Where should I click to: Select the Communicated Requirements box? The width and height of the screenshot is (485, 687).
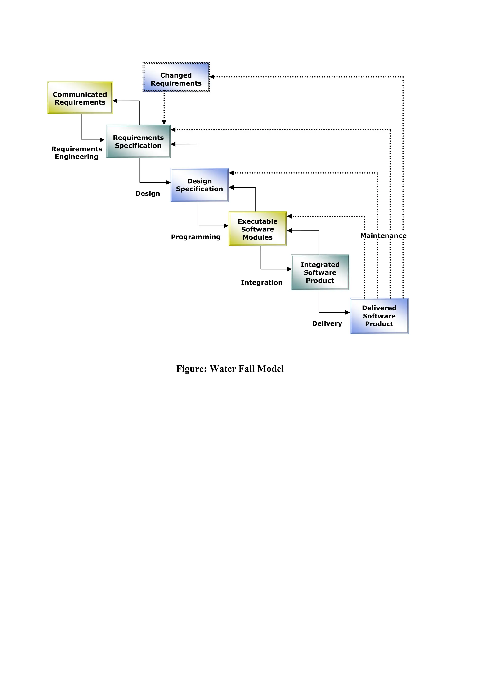[80, 98]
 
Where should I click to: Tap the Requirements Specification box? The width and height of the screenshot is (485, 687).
[138, 142]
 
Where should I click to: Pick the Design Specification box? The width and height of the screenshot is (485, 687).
[199, 185]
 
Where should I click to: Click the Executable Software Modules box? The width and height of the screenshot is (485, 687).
[258, 229]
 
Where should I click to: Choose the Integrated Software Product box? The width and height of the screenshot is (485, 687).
[320, 272]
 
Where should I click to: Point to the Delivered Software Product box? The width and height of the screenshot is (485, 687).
[379, 316]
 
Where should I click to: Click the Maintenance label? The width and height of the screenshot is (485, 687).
[383, 236]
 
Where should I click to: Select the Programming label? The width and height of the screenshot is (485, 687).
[196, 237]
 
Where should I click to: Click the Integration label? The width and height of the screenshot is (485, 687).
[262, 282]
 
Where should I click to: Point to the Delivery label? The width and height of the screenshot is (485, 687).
[327, 323]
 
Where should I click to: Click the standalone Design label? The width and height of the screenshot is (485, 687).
[148, 193]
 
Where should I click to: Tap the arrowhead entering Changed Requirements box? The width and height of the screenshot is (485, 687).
[212, 77]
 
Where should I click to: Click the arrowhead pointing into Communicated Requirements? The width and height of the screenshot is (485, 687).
[115, 101]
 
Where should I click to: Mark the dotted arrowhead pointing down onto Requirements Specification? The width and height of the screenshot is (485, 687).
[164, 122]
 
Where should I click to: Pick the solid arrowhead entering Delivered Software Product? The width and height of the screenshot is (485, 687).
[347, 312]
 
